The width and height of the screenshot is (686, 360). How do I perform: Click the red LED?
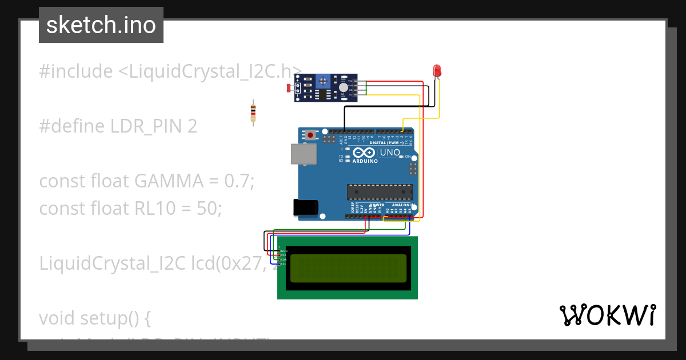[437, 71]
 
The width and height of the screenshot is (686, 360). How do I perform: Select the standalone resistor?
[253, 112]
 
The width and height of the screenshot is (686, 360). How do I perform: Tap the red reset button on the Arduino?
[310, 135]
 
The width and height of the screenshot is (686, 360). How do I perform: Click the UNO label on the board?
[390, 153]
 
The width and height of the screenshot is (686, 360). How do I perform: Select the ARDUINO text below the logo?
[365, 162]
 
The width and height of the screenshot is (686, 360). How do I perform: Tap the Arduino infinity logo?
[364, 153]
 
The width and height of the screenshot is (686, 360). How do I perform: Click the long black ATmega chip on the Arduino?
[379, 193]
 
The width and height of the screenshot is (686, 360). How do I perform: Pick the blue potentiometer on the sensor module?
[324, 82]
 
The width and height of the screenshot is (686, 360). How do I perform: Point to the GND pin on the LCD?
[283, 251]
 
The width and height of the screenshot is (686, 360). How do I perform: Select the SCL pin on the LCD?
[283, 264]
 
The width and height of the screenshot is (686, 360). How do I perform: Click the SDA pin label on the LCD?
[283, 259]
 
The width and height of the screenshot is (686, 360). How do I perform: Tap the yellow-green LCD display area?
[348, 269]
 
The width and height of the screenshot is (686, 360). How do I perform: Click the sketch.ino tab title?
[101, 25]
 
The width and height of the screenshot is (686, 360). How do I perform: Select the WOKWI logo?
[607, 315]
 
